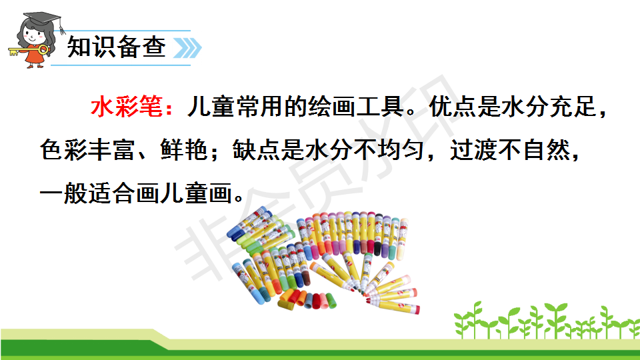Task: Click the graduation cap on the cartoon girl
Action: point(41,19)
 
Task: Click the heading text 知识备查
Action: point(117,47)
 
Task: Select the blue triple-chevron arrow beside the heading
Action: point(187,48)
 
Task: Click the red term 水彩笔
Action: point(127,107)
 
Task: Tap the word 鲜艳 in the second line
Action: point(184,149)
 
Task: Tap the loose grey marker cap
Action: point(309,301)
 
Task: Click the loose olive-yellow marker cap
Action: point(287,305)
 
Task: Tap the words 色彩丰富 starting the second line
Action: point(87,149)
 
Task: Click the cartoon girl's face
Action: point(33,35)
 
